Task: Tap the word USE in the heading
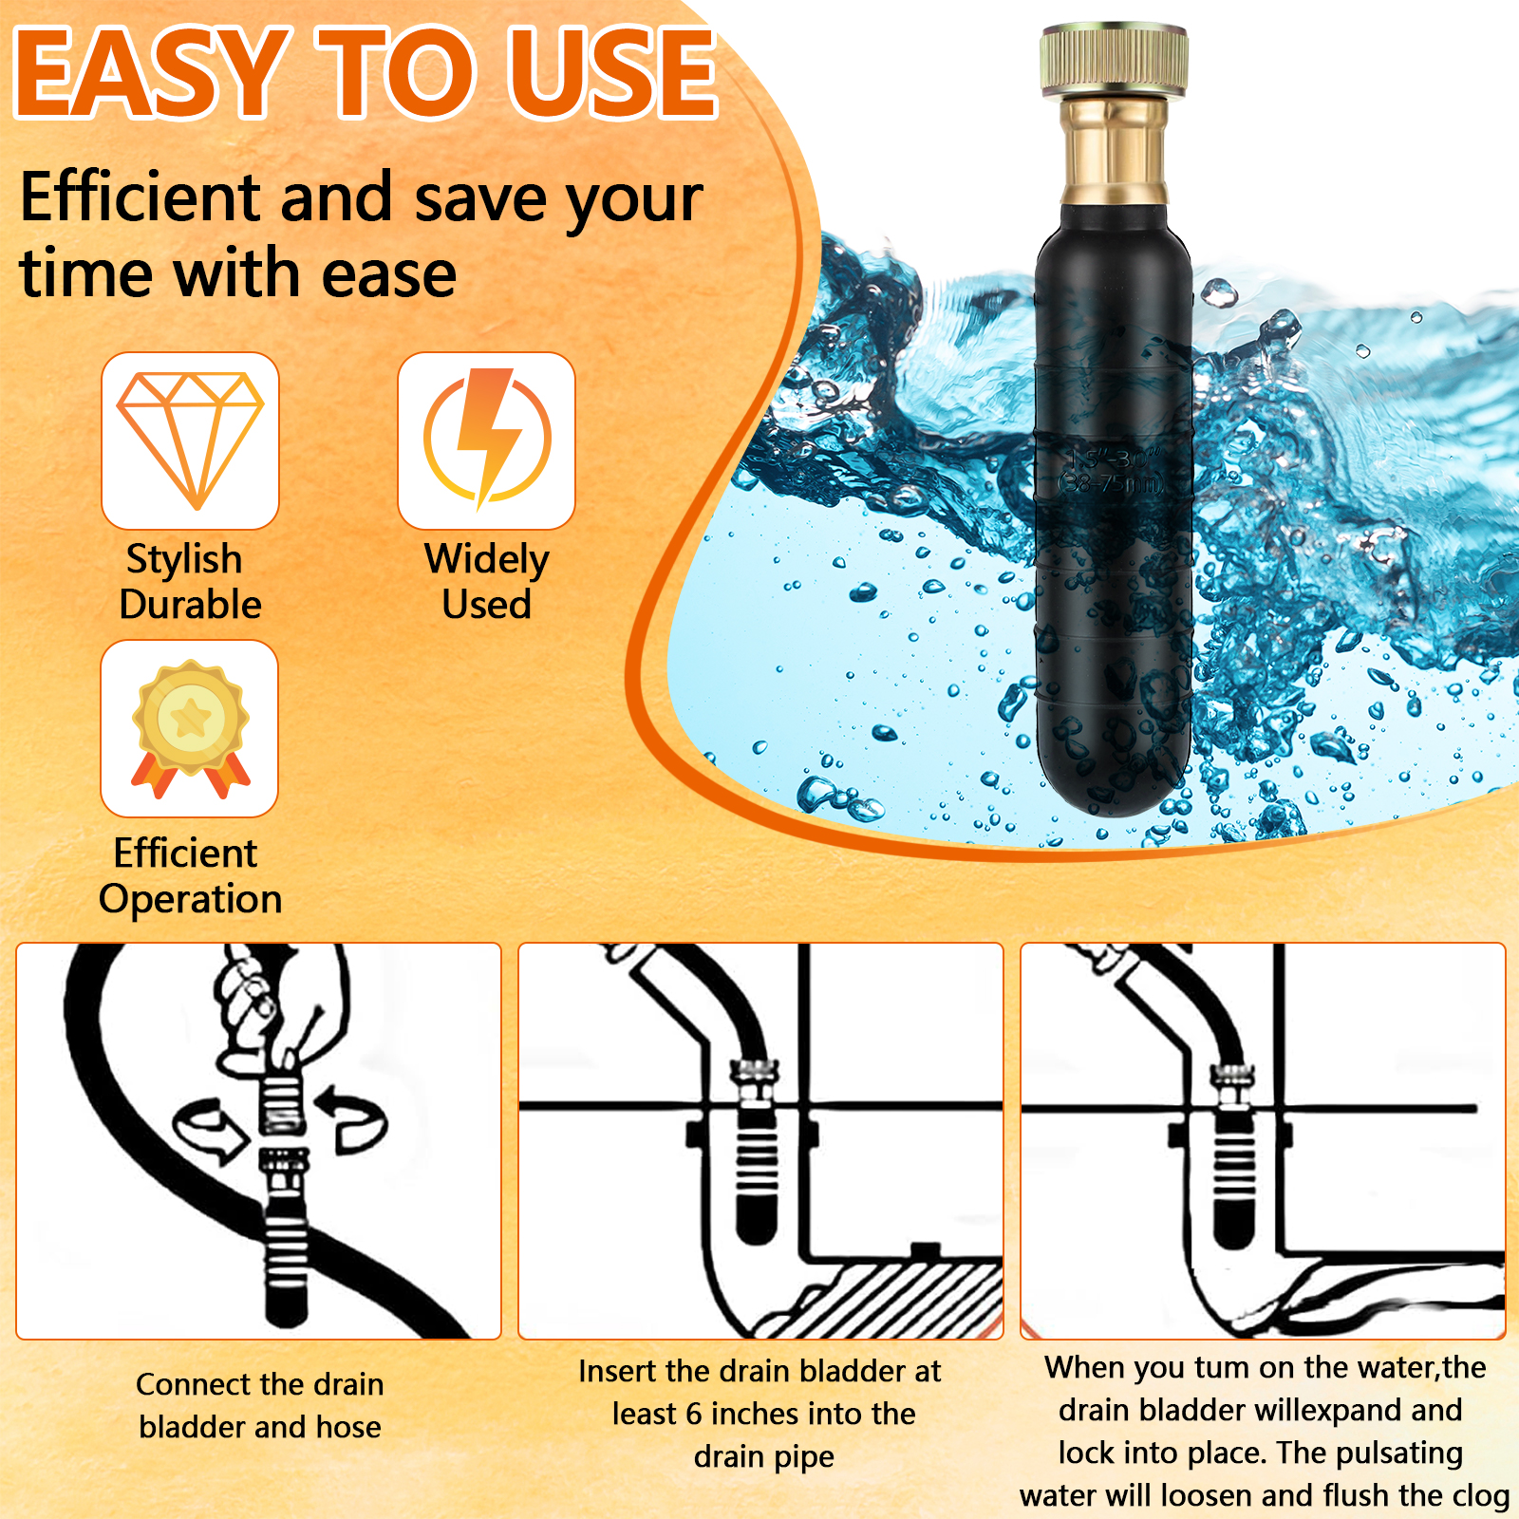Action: tap(613, 73)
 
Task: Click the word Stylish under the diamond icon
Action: tap(184, 560)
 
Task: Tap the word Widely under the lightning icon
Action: tap(487, 560)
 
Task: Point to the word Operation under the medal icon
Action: tap(191, 899)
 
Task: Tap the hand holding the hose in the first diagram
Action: tap(275, 1006)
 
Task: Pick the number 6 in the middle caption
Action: tap(694, 1415)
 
